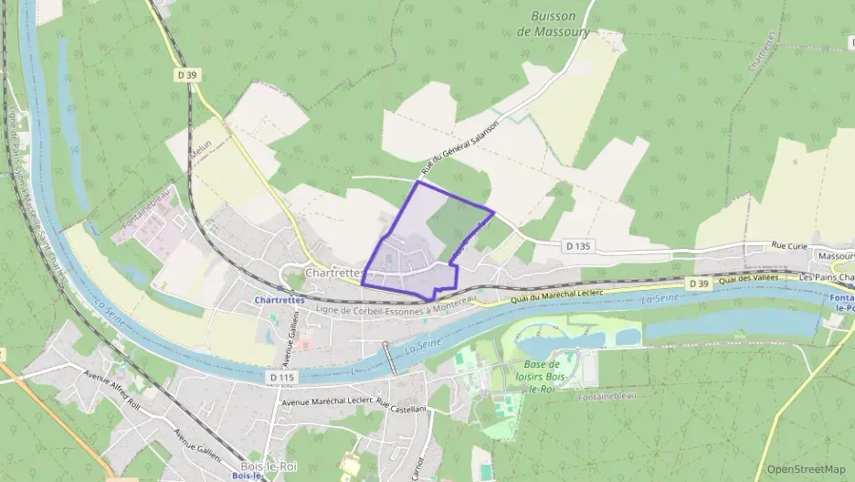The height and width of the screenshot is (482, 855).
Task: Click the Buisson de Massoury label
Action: [x=560, y=23]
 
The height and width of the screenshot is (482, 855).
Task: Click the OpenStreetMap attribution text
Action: [x=806, y=469]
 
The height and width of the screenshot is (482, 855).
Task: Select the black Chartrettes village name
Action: [x=336, y=273]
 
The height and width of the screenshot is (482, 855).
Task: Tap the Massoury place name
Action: [x=836, y=257]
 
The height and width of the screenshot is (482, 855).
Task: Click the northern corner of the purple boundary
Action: [x=418, y=182]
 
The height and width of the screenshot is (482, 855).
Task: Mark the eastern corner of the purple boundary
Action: [x=494, y=212]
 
